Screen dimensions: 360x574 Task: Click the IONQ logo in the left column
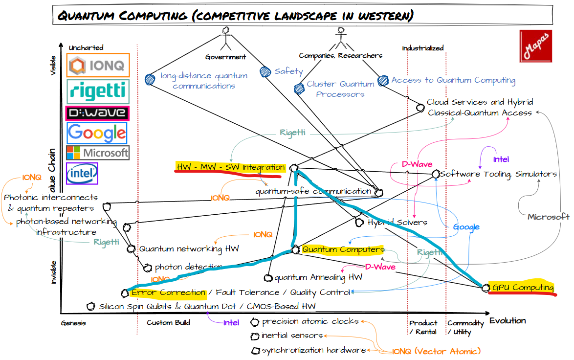click(98, 65)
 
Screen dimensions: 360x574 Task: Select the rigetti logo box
click(98, 91)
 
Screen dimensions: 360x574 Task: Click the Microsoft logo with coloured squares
click(97, 152)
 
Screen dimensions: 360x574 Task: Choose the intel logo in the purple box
click(82, 173)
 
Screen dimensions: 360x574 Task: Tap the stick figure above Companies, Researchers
click(340, 37)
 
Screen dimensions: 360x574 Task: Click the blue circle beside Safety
click(265, 72)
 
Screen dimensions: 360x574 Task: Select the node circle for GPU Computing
click(485, 288)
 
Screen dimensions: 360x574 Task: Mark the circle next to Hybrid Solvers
click(359, 222)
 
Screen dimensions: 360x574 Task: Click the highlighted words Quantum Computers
click(343, 249)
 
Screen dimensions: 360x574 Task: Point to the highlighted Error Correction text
click(168, 292)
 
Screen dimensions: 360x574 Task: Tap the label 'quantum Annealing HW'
click(318, 277)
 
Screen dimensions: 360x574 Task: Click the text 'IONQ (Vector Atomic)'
click(437, 351)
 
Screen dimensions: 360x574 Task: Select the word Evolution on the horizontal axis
click(508, 321)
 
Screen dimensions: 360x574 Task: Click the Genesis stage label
click(73, 323)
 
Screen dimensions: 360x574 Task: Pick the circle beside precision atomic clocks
click(255, 322)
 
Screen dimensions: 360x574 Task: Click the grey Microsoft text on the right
click(548, 217)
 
